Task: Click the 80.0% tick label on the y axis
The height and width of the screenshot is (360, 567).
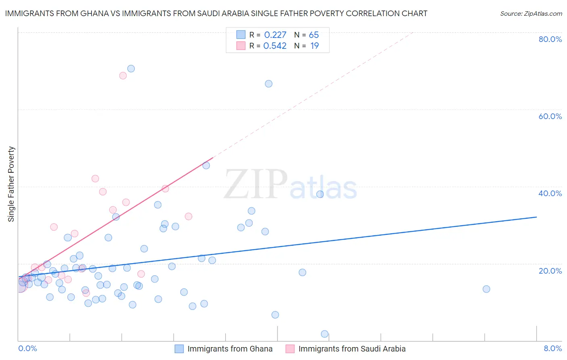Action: (x=550, y=39)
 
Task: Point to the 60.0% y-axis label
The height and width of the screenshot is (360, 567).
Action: (x=550, y=116)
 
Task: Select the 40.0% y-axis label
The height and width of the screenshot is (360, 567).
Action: (x=550, y=193)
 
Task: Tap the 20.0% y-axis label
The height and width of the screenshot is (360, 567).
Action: (x=550, y=270)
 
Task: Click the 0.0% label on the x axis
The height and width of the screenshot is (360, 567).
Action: (x=27, y=348)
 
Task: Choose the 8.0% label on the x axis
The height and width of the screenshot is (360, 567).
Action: (x=552, y=348)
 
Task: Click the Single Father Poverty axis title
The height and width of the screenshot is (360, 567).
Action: (x=11, y=184)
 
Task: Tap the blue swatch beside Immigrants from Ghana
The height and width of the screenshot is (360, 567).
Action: (x=179, y=349)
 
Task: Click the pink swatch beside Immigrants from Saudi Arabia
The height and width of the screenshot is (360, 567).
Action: (x=290, y=349)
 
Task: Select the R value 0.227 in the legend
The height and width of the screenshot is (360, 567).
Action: (x=275, y=35)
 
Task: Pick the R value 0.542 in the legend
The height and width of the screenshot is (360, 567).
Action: (x=275, y=46)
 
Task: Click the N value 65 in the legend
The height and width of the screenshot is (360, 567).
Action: (x=314, y=35)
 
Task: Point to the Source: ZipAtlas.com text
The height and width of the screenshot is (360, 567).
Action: (x=531, y=13)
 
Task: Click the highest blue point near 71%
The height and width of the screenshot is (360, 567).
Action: (x=131, y=69)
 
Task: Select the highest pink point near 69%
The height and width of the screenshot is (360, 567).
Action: (x=123, y=75)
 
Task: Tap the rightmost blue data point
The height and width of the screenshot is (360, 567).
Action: (x=486, y=289)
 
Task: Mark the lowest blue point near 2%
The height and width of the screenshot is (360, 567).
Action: (x=325, y=334)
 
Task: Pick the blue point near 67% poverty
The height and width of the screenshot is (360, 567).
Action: (x=269, y=84)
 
